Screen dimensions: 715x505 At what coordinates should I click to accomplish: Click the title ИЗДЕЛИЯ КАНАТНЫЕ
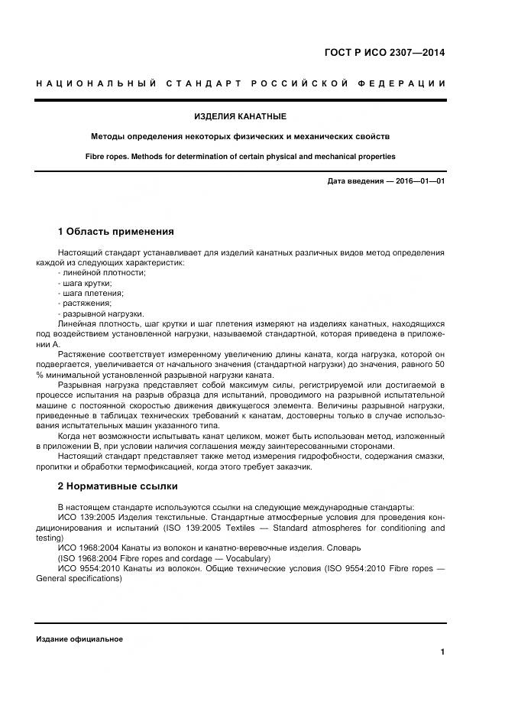240,116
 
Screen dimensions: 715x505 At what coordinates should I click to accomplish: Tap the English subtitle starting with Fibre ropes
240,156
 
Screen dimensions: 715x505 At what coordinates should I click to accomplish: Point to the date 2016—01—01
419,181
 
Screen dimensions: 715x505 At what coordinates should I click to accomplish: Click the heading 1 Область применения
116,231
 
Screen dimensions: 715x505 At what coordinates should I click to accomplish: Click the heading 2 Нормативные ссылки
118,486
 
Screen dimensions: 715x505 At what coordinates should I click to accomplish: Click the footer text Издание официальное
79,639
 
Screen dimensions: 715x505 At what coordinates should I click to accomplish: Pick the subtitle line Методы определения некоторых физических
240,136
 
